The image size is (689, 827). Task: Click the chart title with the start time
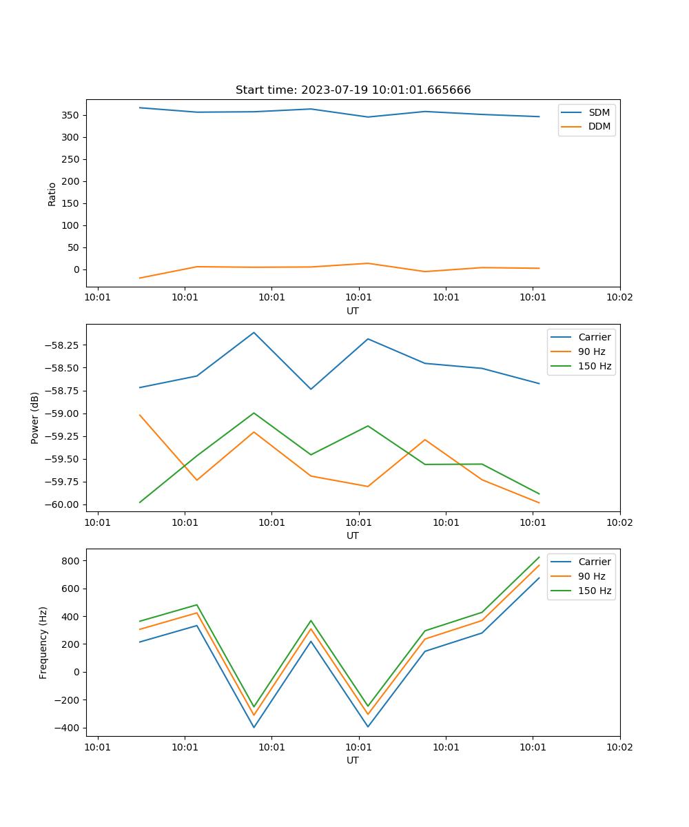(353, 90)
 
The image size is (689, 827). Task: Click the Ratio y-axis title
(52, 194)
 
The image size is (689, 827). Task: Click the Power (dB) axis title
(35, 418)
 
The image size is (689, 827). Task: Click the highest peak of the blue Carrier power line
(254, 333)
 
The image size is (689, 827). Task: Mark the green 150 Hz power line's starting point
(140, 502)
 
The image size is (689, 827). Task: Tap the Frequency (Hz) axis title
(43, 642)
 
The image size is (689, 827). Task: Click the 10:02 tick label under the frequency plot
(619, 747)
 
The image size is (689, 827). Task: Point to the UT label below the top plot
(353, 311)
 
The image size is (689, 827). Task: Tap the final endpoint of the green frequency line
(539, 557)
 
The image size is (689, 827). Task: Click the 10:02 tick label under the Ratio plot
(619, 298)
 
